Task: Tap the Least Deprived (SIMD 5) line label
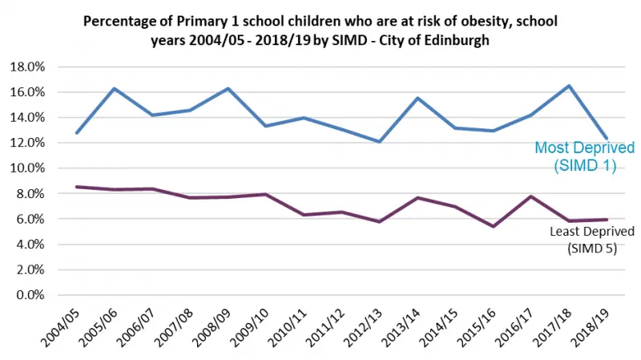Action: point(587,239)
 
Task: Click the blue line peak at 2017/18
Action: point(569,86)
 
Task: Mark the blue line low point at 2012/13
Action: point(379,142)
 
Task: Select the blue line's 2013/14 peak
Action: point(417,98)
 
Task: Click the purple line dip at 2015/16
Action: point(494,226)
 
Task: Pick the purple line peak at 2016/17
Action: point(531,196)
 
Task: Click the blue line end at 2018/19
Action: point(607,138)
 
